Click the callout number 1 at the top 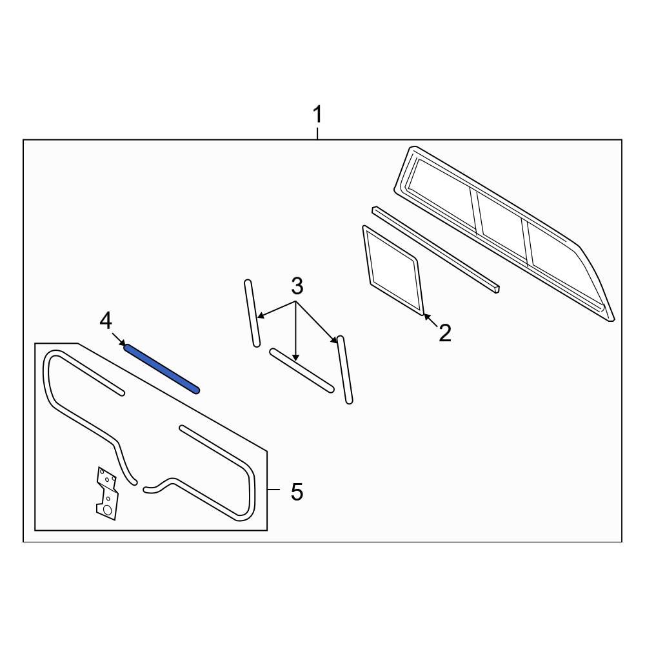pyautogui.click(x=317, y=115)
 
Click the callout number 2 pyautogui.click(x=444, y=333)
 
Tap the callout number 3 pyautogui.click(x=296, y=286)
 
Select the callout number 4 pyautogui.click(x=106, y=321)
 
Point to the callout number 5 pyautogui.click(x=296, y=492)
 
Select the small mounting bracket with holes pyautogui.click(x=106, y=493)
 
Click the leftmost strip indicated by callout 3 pyautogui.click(x=252, y=313)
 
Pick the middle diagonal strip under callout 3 pyautogui.click(x=302, y=370)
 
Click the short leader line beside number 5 pyautogui.click(x=273, y=491)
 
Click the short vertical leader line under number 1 pyautogui.click(x=317, y=134)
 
